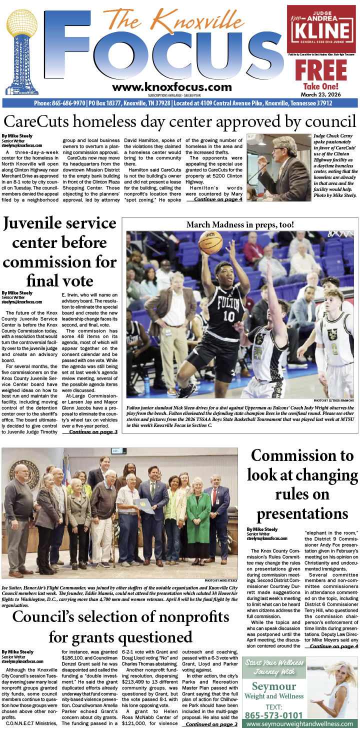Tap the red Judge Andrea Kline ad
tap(321, 29)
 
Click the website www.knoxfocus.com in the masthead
tap(168, 87)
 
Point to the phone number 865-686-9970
tap(59, 103)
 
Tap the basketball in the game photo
tap(210, 242)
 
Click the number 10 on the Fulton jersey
tap(229, 316)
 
